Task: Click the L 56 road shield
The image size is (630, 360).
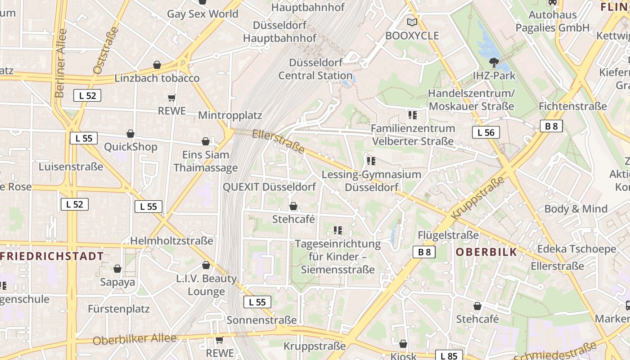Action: click(x=486, y=132)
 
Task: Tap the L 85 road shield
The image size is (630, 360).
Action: click(x=449, y=356)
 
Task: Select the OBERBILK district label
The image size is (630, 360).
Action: click(x=486, y=252)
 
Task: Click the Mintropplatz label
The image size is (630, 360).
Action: click(x=230, y=115)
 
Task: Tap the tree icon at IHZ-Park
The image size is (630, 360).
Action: click(x=494, y=63)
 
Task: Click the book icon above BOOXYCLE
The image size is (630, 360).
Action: click(x=412, y=22)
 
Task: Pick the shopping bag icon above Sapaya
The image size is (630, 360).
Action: click(x=117, y=269)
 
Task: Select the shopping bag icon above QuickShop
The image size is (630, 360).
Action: click(x=130, y=134)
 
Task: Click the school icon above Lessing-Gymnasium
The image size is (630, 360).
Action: click(x=371, y=161)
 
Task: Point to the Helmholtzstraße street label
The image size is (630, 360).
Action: click(x=171, y=241)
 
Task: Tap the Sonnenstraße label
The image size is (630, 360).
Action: click(x=261, y=320)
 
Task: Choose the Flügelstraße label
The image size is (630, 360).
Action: click(x=448, y=235)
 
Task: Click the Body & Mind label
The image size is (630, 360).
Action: click(x=576, y=209)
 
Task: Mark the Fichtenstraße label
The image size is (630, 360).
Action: click(x=572, y=107)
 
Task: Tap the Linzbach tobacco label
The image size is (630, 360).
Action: click(x=157, y=78)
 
